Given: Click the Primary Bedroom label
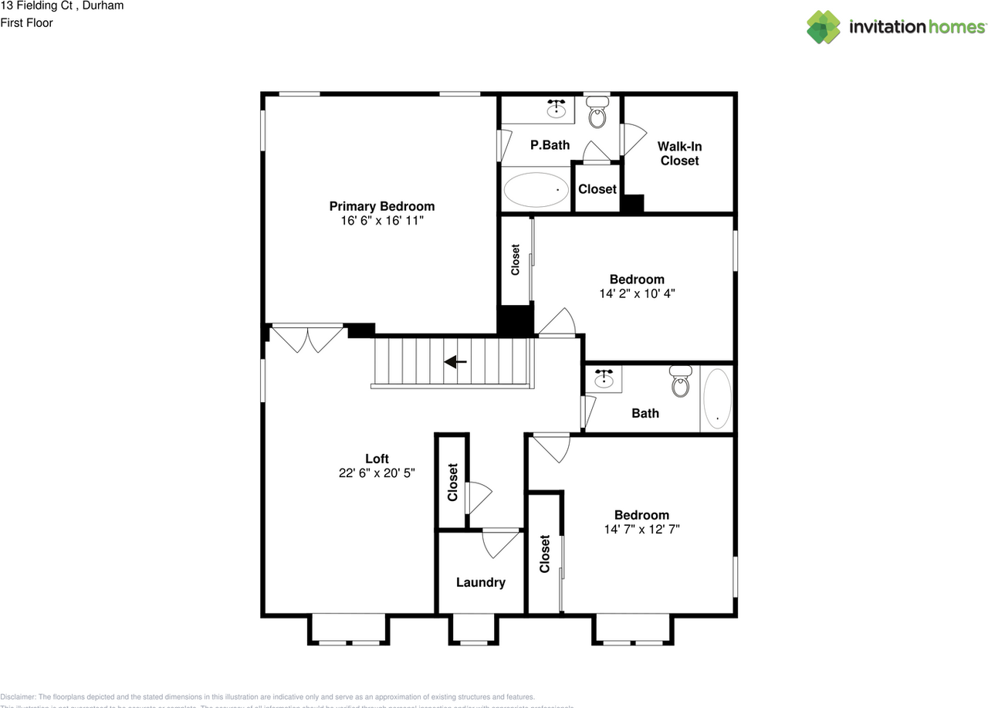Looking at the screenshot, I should pos(381,206).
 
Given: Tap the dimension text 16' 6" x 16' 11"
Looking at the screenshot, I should pos(381,221).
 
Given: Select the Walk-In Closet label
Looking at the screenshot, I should pos(679,154).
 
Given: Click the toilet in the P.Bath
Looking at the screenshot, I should pos(597,114).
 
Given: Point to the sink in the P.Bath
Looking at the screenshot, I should pos(556,110).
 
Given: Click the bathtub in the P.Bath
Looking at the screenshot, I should pos(535,189).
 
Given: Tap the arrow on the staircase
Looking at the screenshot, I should pos(455,361).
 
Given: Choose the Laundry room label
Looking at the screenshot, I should pos(480,583).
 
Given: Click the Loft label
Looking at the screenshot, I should pos(377,459).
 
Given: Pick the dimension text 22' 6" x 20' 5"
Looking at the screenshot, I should pos(377,473).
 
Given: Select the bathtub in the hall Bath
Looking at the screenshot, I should pos(717,398).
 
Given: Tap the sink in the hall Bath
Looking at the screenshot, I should pos(604,379).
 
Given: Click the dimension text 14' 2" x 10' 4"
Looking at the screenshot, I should pos(637,293).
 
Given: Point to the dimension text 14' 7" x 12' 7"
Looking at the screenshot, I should pos(641,529).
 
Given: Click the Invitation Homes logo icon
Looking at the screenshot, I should pos(824,27).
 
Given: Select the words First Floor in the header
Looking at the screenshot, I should pos(26,23).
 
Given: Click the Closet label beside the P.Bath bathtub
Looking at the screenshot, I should pos(597,189).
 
